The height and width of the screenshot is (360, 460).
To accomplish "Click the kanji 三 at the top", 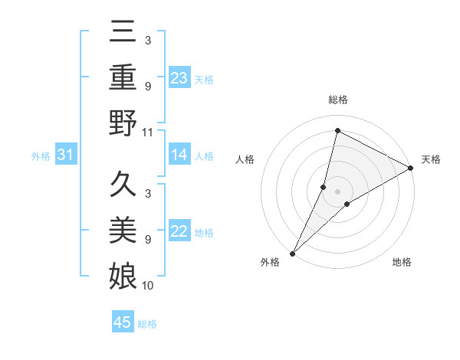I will point(123,32).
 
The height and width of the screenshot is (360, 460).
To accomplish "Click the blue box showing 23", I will point(179,77).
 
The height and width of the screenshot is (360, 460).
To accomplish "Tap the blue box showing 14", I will point(179,155).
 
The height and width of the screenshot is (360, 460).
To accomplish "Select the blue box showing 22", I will point(179,232).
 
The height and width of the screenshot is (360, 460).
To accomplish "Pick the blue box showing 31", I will point(66,155).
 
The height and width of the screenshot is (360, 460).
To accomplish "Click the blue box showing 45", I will point(123,322).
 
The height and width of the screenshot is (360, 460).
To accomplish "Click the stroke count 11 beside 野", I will point(148,133).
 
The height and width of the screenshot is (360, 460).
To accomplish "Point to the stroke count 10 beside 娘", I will point(148,285).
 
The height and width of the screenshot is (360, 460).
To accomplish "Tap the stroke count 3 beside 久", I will point(147,193).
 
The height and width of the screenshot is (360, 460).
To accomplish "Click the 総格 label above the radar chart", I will point(338,100).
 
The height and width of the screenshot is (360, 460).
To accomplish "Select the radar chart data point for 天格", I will point(411,169).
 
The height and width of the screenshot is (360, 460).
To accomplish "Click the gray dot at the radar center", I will point(337,191).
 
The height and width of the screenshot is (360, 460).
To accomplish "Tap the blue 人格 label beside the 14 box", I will point(204,155).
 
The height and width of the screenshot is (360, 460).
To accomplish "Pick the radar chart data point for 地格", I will point(347,204).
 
